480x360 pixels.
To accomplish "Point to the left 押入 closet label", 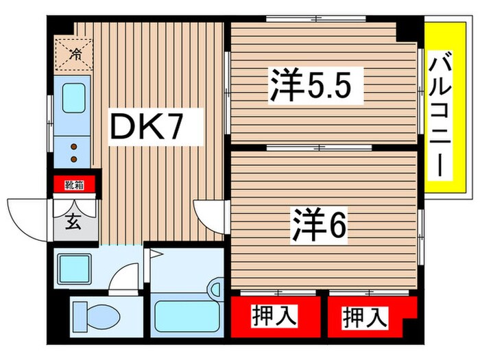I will pyautogui.click(x=276, y=316).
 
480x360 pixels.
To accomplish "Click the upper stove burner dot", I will pyautogui.click(x=73, y=145).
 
